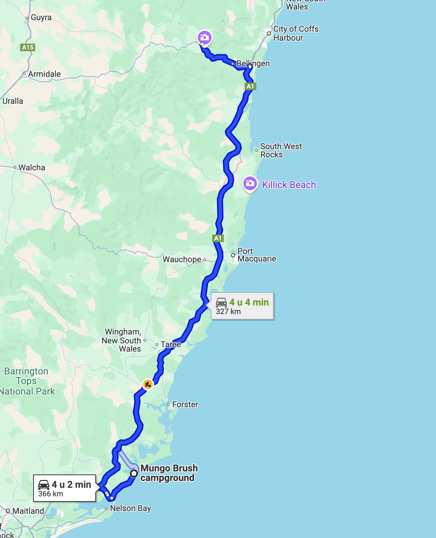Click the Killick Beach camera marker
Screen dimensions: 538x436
pos(250,184)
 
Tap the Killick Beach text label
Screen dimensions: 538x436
pos(289,185)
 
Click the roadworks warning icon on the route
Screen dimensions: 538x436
pos(148,384)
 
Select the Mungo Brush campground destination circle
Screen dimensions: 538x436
pos(134,473)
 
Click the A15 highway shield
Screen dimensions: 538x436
pos(28,47)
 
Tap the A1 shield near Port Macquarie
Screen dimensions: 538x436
pos(218,238)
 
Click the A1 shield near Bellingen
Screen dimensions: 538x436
pos(250,86)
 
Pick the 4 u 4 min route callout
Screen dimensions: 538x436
pos(242,306)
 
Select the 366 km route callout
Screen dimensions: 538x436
pos(65,489)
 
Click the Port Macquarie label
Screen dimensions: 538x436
pos(256,255)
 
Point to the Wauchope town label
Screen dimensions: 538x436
pos(182,259)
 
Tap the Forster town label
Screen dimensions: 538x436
pos(185,405)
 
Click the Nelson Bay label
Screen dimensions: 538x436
pos(130,508)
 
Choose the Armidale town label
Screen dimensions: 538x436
pos(44,74)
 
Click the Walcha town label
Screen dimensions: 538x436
pos(32,168)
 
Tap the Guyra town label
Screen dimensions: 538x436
pos(41,17)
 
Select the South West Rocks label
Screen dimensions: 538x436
pos(281,151)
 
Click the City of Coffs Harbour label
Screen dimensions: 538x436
pos(296,33)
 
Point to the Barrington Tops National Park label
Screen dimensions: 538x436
pos(27,381)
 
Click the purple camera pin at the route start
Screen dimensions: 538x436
pos(204,37)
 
